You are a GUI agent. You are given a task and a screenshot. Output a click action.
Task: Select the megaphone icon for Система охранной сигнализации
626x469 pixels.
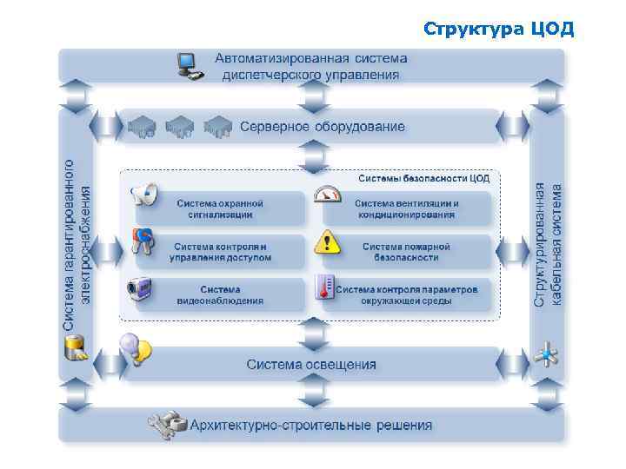143,195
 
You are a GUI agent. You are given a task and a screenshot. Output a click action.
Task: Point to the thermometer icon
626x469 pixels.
326,287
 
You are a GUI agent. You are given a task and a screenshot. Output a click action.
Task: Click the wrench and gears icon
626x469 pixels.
167,425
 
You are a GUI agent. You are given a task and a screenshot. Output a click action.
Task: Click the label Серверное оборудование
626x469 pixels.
323,127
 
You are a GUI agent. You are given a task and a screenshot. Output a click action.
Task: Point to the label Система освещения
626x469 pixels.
311,364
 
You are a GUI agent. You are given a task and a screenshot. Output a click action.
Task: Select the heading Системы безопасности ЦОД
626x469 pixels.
424,178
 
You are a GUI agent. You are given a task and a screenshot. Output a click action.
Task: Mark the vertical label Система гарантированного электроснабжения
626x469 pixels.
77,243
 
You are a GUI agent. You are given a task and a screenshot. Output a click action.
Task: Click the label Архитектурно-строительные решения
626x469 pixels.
310,426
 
